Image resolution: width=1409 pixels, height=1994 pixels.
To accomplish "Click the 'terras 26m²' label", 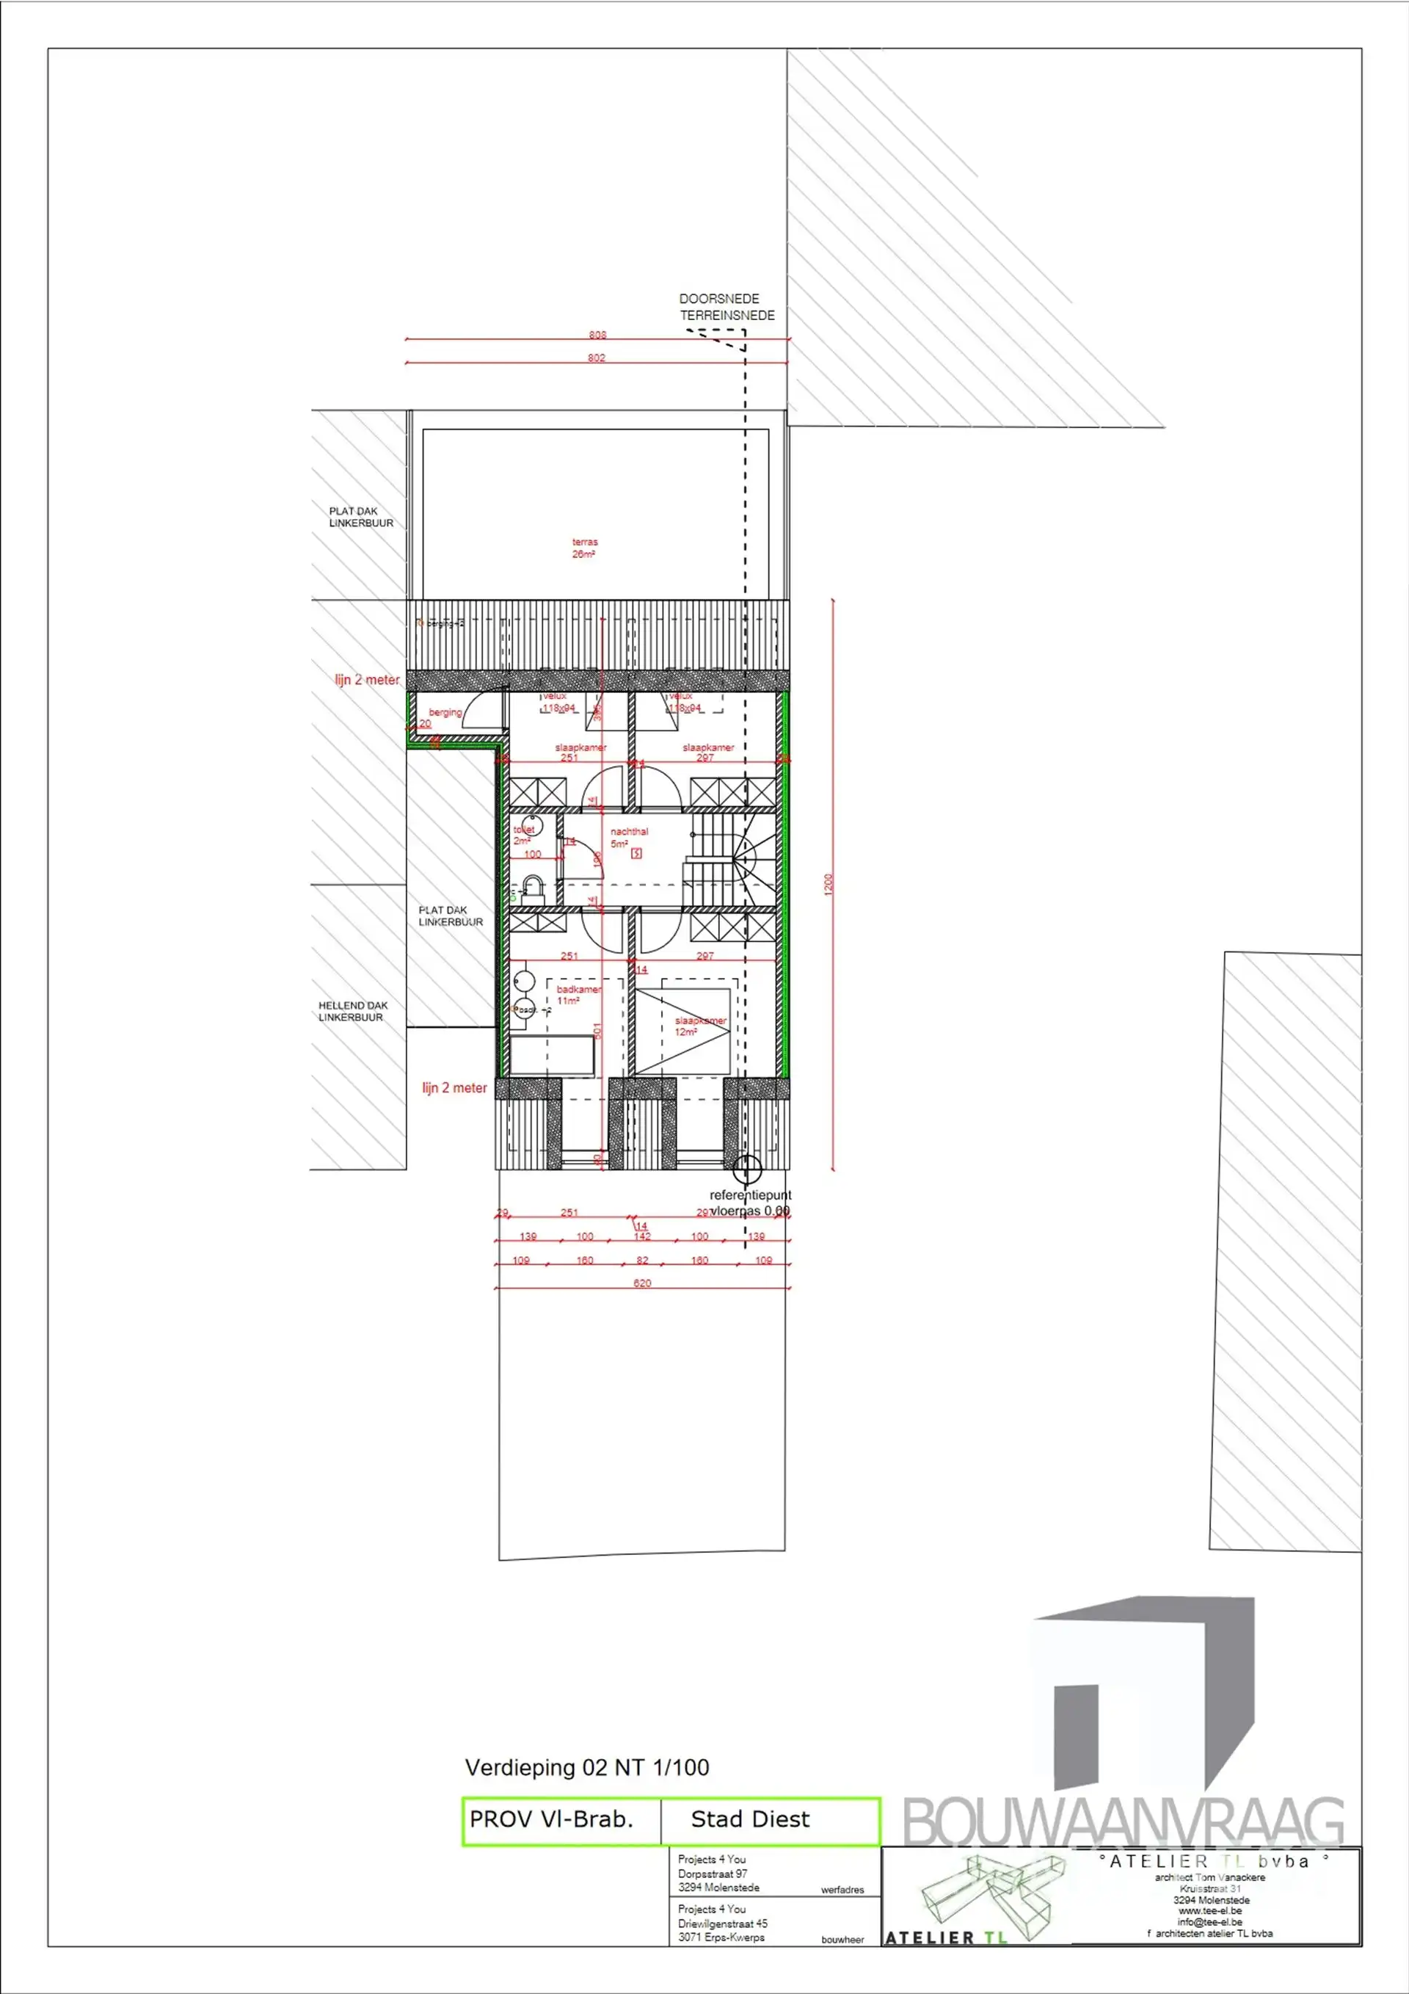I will point(584,548).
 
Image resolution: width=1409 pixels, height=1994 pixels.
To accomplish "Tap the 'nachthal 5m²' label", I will point(628,837).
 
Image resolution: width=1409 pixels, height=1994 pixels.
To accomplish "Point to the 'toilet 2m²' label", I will point(523,835).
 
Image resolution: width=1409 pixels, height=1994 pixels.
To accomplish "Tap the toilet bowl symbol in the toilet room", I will point(532,826).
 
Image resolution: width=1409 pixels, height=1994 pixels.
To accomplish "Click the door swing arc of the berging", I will point(486,707).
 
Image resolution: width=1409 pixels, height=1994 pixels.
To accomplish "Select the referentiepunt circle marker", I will point(746,1169).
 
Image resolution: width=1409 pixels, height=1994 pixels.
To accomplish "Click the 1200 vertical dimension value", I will point(829,884).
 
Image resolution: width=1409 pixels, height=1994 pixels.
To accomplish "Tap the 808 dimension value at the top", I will point(597,334).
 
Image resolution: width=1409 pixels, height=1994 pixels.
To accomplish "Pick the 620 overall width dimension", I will point(641,1283).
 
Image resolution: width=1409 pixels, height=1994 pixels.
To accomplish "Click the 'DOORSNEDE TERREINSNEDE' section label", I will point(726,307).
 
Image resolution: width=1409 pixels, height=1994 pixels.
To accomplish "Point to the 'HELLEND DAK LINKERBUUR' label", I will point(352,1011).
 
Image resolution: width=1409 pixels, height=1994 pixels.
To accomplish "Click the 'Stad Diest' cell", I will point(750,1819).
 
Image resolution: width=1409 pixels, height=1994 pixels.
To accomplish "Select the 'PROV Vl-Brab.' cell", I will point(551,1819).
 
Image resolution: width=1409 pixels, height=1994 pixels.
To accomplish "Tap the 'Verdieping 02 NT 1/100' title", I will point(587,1767).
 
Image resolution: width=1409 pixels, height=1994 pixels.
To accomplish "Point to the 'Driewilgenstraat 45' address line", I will point(722,1923).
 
